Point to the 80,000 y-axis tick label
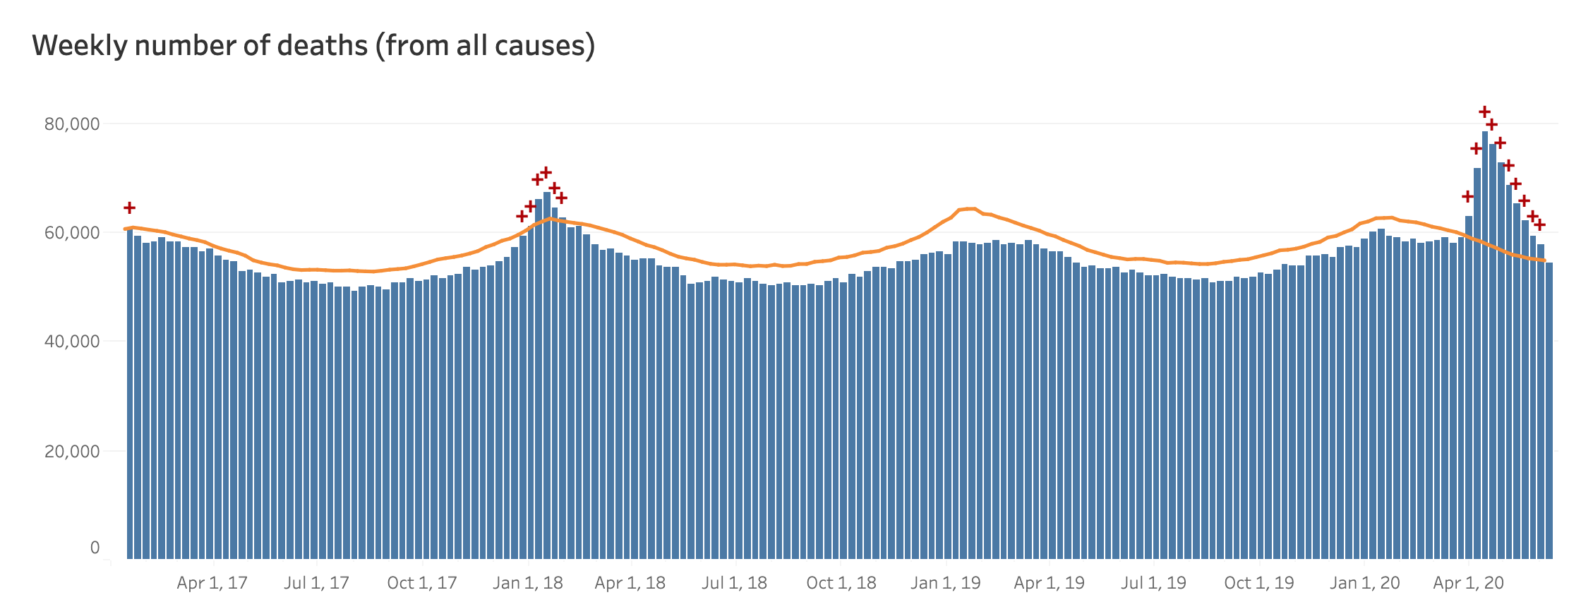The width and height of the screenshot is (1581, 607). pyautogui.click(x=72, y=124)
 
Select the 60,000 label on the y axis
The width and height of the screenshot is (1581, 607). pyautogui.click(x=72, y=233)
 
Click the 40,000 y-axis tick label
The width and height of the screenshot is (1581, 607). pyautogui.click(x=72, y=342)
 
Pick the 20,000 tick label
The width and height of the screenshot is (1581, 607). pyautogui.click(x=72, y=451)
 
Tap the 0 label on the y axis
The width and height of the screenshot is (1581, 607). pyautogui.click(x=95, y=548)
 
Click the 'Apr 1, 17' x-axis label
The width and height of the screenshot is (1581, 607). pyautogui.click(x=212, y=583)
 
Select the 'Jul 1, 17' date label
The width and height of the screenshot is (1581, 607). pyautogui.click(x=316, y=583)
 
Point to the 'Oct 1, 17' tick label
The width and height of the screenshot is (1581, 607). pyautogui.click(x=422, y=583)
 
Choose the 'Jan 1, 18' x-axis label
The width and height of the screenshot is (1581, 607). pyautogui.click(x=528, y=583)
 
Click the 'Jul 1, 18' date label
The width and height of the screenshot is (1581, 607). pyautogui.click(x=734, y=583)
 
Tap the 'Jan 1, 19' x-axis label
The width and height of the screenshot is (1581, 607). pyautogui.click(x=946, y=583)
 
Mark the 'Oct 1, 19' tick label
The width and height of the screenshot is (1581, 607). pyautogui.click(x=1259, y=583)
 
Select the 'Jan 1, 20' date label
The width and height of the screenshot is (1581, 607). pyautogui.click(x=1365, y=583)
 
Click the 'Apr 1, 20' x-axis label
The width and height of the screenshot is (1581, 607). pyautogui.click(x=1468, y=583)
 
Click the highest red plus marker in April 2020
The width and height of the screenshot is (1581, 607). pyautogui.click(x=1484, y=112)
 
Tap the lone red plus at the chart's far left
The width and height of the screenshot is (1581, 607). pyautogui.click(x=129, y=208)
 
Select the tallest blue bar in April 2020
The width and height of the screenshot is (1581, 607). pyautogui.click(x=1485, y=339)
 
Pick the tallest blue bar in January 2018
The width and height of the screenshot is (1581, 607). pyautogui.click(x=547, y=374)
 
